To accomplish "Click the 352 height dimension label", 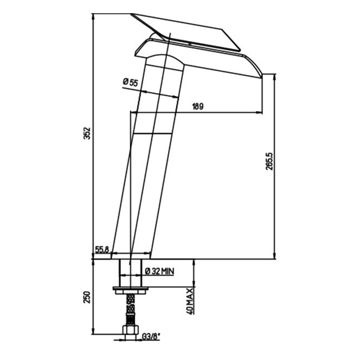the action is pyautogui.click(x=87, y=133).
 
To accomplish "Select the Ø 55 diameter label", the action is pyautogui.click(x=130, y=82).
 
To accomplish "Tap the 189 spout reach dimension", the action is pyautogui.click(x=198, y=107).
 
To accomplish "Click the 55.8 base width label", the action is pyautogui.click(x=102, y=249).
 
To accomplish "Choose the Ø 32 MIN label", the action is pyautogui.click(x=160, y=271).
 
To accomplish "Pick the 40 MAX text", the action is pyautogui.click(x=190, y=301).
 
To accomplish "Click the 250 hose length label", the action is pyautogui.click(x=87, y=297).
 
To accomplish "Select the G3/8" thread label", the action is pyautogui.click(x=151, y=337).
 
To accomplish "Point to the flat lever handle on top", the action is pyautogui.click(x=185, y=32).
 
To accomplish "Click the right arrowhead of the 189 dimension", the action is pyautogui.click(x=259, y=113).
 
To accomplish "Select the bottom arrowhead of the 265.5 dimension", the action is pyautogui.click(x=274, y=256).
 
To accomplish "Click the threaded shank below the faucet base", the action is pyautogui.click(x=130, y=273).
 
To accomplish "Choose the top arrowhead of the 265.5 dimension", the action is pyautogui.click(x=274, y=77).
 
